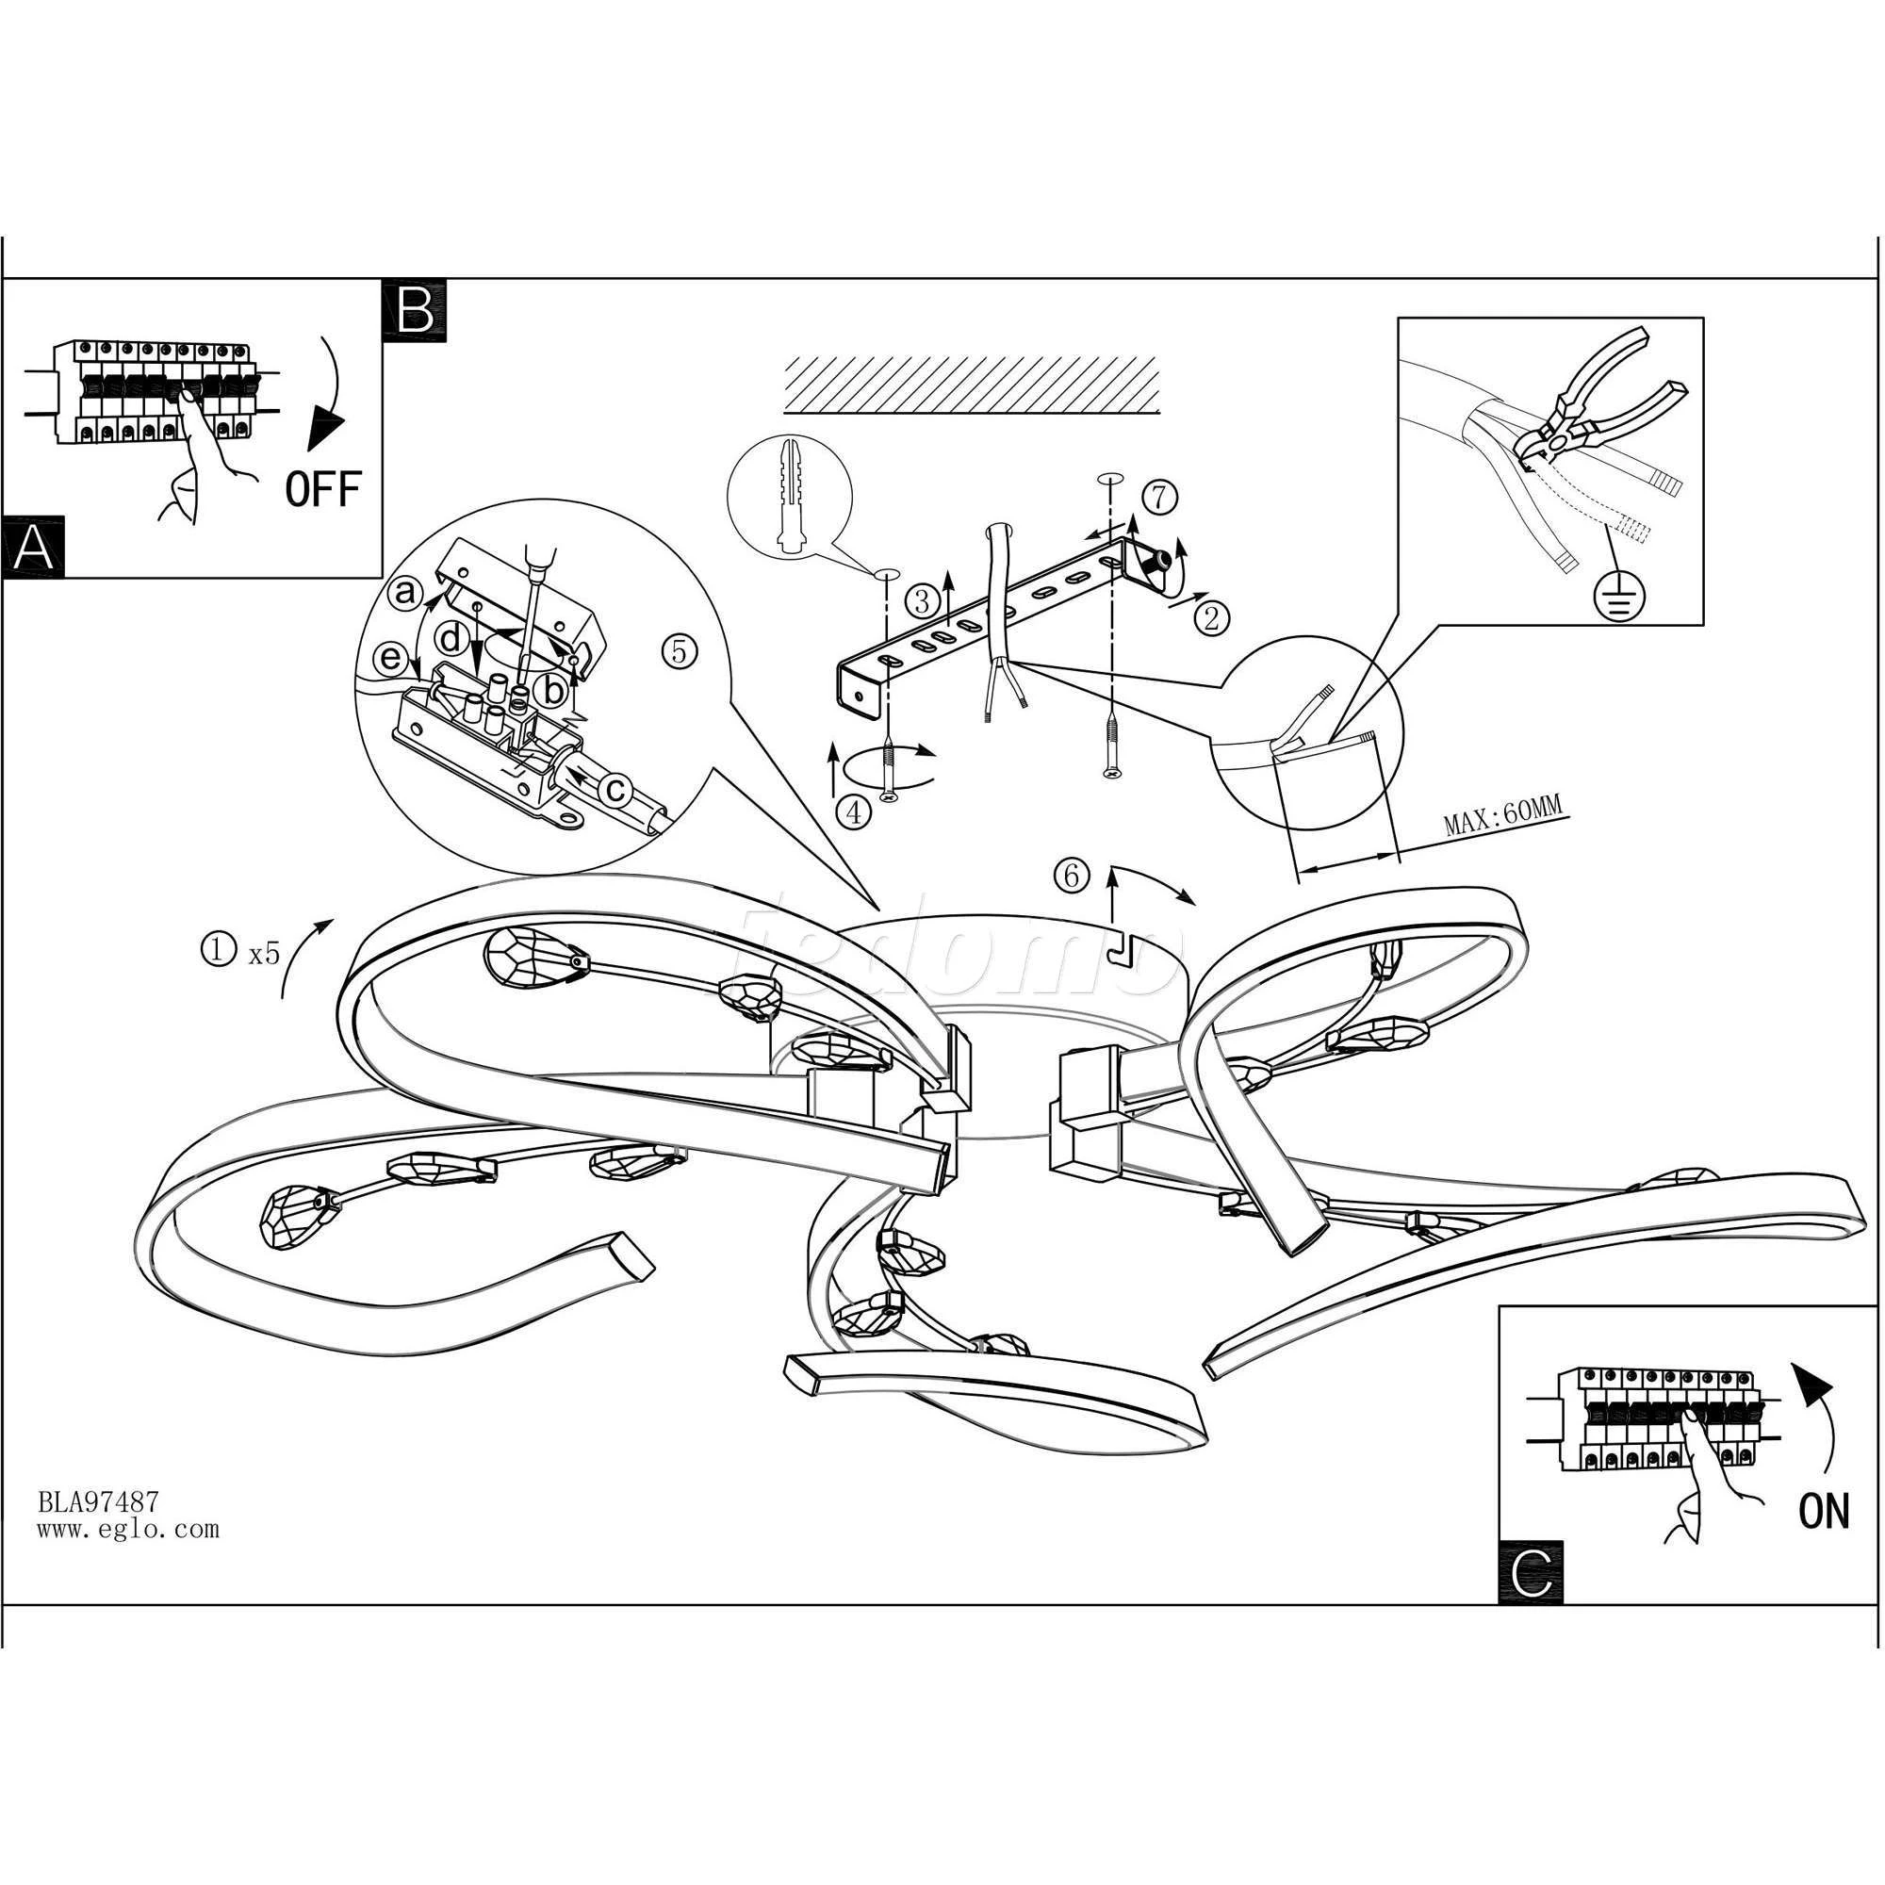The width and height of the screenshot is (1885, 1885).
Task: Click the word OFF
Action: tap(323, 488)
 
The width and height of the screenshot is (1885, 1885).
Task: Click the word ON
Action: tap(1824, 1512)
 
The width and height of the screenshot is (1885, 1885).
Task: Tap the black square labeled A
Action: tap(33, 548)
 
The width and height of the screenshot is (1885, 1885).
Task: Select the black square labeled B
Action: tap(416, 311)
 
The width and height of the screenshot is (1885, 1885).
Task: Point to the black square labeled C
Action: tap(1530, 1572)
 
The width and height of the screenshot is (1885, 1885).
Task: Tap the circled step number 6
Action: tap(1072, 877)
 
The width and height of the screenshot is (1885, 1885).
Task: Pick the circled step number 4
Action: tap(855, 811)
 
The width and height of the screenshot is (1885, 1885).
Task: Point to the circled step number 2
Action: tap(1212, 617)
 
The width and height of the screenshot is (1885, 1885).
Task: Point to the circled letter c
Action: tap(615, 789)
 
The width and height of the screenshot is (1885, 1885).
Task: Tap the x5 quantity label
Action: tap(265, 953)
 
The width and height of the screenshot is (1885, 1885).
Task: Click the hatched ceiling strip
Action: tap(973, 385)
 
